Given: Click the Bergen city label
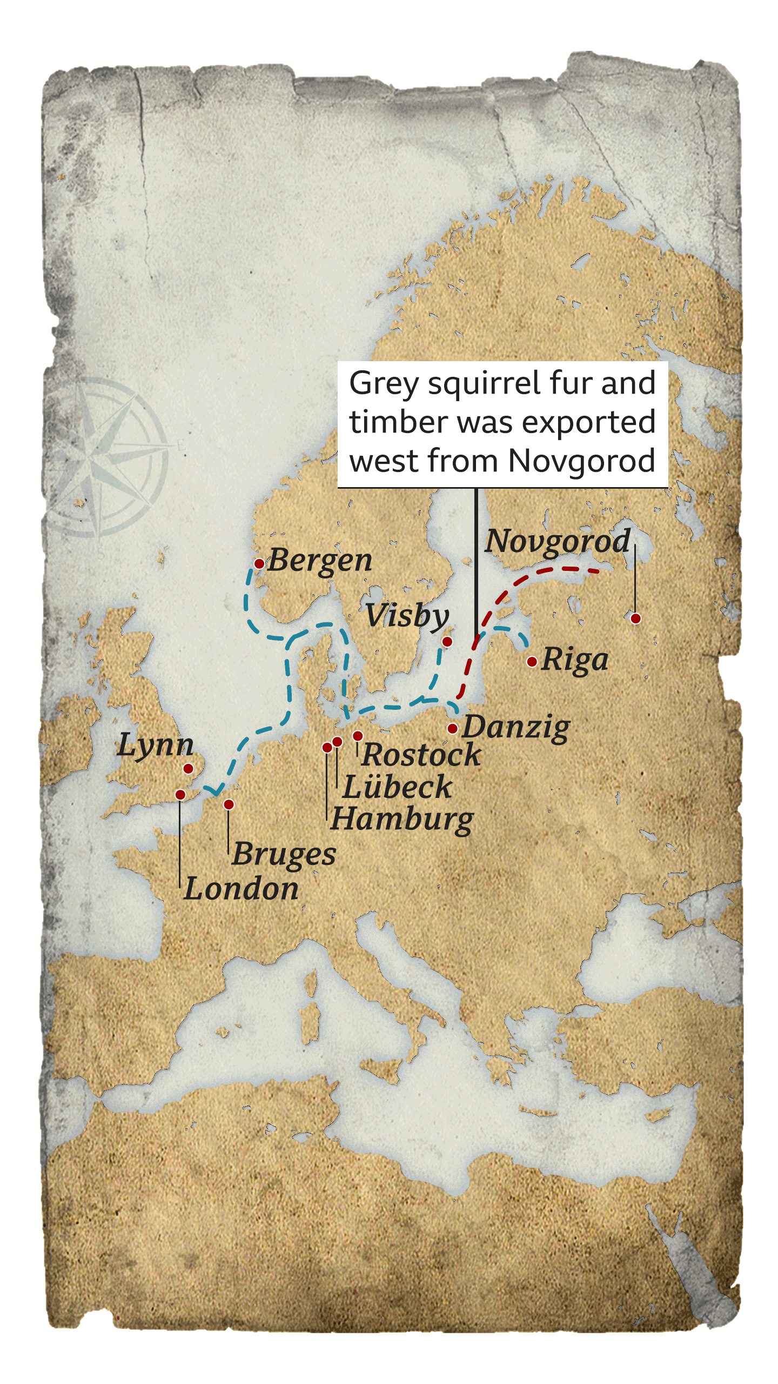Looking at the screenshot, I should click(320, 560).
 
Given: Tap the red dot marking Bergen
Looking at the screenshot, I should click(259, 564).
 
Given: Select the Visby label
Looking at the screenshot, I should click(406, 616).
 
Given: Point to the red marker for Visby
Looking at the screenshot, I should click(447, 642).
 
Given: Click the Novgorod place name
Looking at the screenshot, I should click(558, 541).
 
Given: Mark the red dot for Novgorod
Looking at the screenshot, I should click(636, 618).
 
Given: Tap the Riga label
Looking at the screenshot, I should click(575, 660).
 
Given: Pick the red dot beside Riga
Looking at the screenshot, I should click(532, 662).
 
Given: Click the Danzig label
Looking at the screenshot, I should click(516, 727).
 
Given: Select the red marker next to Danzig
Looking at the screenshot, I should click(453, 729).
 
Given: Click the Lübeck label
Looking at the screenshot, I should click(398, 787).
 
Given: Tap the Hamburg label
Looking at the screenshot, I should click(403, 819).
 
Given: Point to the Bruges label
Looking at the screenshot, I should click(284, 854).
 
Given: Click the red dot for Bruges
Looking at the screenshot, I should click(229, 804).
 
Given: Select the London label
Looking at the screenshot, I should click(241, 889).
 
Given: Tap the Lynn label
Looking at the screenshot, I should click(156, 746).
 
